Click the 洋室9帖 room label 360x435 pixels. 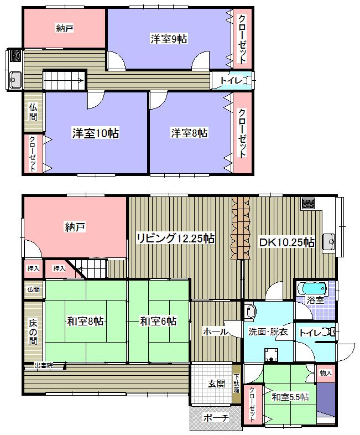click(168, 39)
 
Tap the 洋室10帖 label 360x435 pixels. click(96, 133)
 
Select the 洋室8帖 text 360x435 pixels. click(189, 133)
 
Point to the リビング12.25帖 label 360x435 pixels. click(175, 239)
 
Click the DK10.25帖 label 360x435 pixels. click(287, 242)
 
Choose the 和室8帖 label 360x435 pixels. click(85, 321)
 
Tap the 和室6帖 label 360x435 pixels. click(158, 321)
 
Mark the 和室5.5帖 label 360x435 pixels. click(290, 397)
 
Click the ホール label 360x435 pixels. click(216, 332)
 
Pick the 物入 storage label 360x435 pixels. click(326, 373)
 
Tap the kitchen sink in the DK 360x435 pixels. click(330, 241)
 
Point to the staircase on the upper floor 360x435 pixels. click(65, 81)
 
